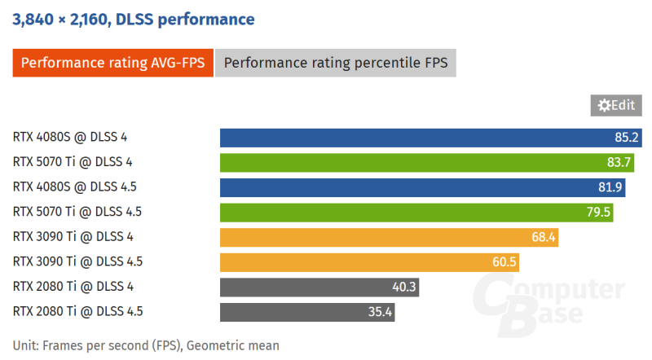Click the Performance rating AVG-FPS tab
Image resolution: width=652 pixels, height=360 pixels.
[112, 63]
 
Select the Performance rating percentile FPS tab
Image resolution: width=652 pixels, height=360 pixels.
[336, 63]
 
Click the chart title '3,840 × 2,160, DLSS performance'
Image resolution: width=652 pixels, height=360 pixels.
[133, 19]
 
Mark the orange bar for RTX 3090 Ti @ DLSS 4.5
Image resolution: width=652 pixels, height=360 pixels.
[367, 262]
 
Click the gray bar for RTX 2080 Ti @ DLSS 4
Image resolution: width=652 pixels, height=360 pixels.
[318, 287]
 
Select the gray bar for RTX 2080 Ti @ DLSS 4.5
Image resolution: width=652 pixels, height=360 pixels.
[306, 312]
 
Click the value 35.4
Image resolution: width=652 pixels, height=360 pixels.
[379, 312]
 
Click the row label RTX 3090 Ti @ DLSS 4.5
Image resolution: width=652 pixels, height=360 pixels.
[77, 262]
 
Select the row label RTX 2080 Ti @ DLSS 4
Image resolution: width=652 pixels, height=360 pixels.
[73, 287]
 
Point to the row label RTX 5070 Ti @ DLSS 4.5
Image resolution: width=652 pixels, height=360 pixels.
[77, 212]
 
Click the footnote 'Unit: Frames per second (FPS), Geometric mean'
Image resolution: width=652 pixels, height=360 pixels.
[146, 345]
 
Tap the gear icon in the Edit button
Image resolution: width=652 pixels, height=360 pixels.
[604, 105]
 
